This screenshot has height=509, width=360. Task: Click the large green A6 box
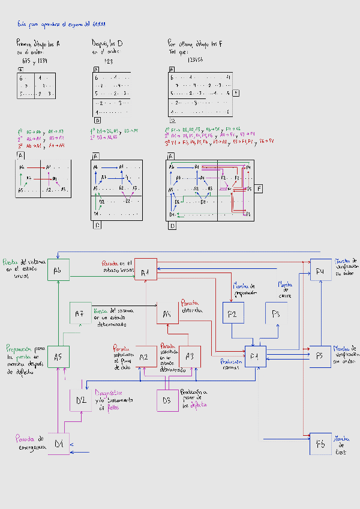click(x=58, y=271)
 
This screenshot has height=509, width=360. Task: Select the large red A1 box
click(x=145, y=271)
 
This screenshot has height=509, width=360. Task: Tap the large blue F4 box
click(x=320, y=271)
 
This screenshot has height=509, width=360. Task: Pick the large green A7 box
click(x=80, y=313)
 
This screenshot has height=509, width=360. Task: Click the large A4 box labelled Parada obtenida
click(x=167, y=313)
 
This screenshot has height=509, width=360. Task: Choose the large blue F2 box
click(x=233, y=313)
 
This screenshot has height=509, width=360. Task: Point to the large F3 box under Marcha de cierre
click(x=276, y=313)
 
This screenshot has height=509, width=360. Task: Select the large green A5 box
click(x=58, y=357)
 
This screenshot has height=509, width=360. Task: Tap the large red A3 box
click(x=190, y=357)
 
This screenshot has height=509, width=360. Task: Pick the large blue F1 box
click(x=255, y=357)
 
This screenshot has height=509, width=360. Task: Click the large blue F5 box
click(x=320, y=357)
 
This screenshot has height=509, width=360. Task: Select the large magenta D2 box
click(x=80, y=400)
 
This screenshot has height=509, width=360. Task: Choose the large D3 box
click(x=167, y=400)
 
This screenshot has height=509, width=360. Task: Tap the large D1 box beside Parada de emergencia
click(x=58, y=444)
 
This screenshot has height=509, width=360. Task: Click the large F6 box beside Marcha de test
click(x=320, y=444)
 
